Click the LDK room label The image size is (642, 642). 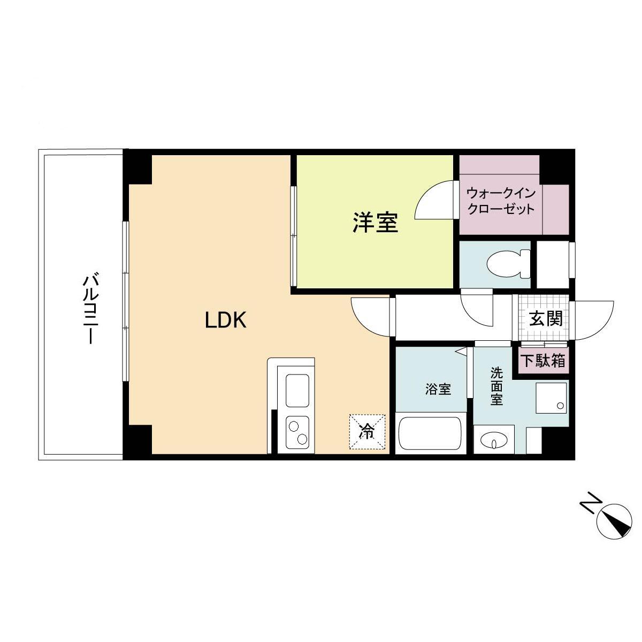point(225,320)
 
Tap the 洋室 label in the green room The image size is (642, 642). point(375,223)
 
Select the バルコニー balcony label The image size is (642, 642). point(89,309)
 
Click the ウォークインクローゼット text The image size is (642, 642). point(500,201)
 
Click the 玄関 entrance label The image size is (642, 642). point(546,319)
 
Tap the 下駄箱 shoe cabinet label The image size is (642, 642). point(543,361)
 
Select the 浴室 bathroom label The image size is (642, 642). point(438,389)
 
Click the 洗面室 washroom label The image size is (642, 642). point(496,386)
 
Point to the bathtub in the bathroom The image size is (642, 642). point(430,434)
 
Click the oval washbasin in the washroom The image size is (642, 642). point(493,441)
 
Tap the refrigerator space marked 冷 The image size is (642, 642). point(367,431)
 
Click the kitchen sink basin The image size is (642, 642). point(297,391)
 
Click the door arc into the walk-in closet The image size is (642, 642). point(434,201)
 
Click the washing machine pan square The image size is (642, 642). point(551,398)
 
